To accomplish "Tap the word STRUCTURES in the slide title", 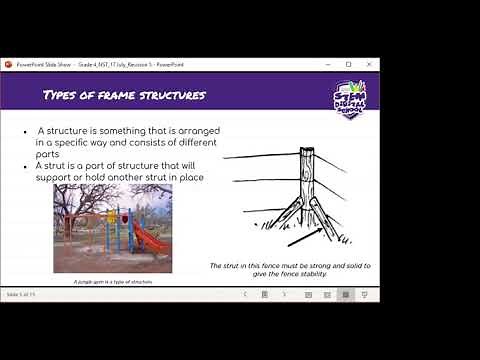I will (175, 95).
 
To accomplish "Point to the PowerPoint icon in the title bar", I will (9, 65).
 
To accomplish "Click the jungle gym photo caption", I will (112, 282).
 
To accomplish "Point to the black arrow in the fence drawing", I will (305, 236).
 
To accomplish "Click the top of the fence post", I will (307, 152).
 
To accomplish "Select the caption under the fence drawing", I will (291, 269).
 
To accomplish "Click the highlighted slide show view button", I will (345, 295).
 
